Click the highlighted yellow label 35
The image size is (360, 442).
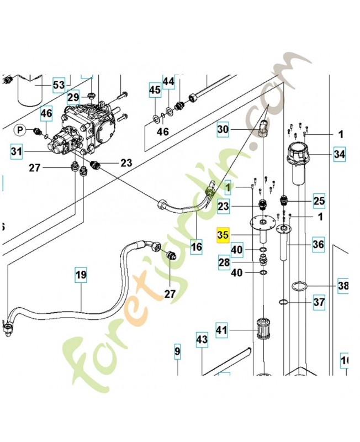tap(223, 235)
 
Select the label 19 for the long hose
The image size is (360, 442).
tap(81, 275)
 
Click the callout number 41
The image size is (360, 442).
tap(221, 331)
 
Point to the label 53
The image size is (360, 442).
tap(59, 85)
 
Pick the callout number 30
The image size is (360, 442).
tap(223, 130)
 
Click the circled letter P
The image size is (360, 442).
tap(20, 130)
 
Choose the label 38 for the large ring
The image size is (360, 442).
tap(343, 286)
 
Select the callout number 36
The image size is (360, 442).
tap(318, 244)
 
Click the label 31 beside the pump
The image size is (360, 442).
tap(17, 150)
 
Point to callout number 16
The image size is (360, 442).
tap(197, 247)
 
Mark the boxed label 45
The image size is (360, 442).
tap(155, 90)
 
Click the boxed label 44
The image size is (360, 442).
tap(168, 82)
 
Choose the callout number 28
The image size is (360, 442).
tap(224, 263)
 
